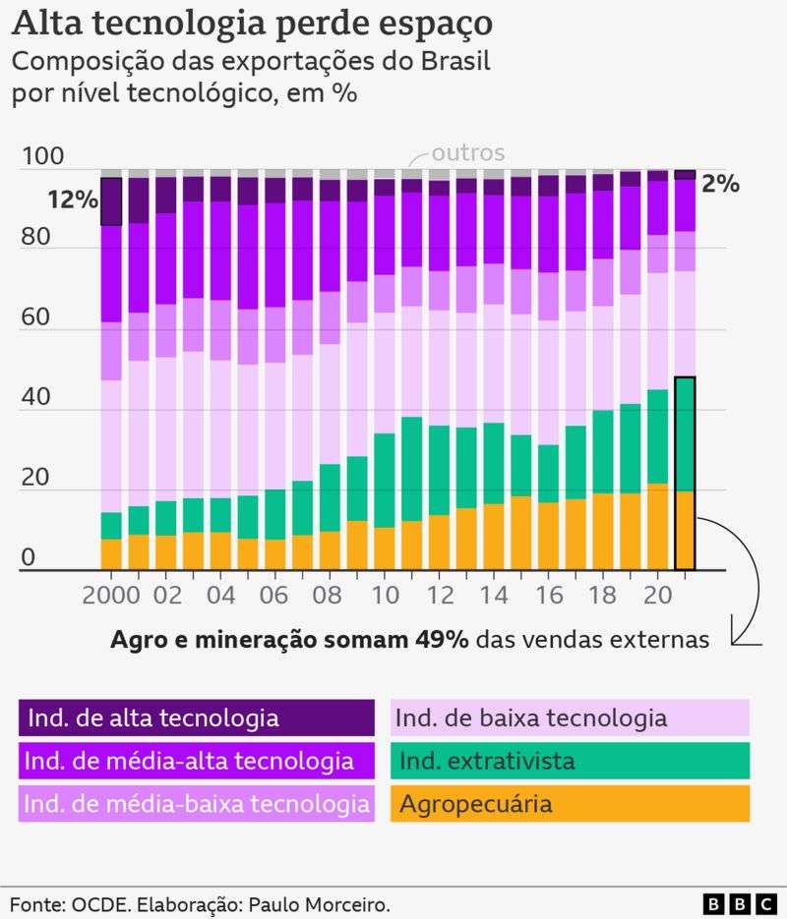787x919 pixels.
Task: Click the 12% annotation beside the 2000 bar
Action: (73, 201)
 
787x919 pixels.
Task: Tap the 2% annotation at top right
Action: (720, 184)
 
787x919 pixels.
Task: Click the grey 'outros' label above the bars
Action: (468, 153)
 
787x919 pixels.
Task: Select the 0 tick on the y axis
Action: (28, 558)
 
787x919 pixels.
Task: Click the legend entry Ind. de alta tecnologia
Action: (197, 718)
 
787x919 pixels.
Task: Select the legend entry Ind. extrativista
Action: (570, 761)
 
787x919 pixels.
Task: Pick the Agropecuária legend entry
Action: (570, 804)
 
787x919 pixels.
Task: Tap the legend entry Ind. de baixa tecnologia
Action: (570, 718)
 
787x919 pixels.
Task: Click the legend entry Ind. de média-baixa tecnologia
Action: (197, 804)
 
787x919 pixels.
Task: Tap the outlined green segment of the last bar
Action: (685, 433)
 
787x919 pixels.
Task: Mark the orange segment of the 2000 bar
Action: (111, 553)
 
